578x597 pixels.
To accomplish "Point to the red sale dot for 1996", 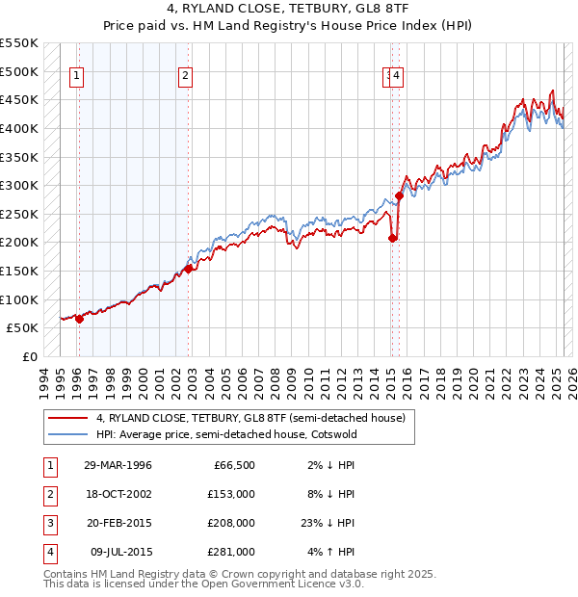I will point(79,319).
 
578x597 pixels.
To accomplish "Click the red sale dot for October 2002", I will point(188,269).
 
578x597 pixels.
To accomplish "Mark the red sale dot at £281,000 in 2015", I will point(399,195).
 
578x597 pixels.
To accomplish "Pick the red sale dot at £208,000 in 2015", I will point(392,238).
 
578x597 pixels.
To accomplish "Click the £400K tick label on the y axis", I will point(21,128).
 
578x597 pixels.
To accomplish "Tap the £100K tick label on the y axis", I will point(21,299).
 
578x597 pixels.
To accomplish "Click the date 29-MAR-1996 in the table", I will point(118,465).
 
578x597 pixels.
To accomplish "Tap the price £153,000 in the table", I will point(232,494).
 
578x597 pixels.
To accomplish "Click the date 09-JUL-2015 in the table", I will point(118,552).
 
